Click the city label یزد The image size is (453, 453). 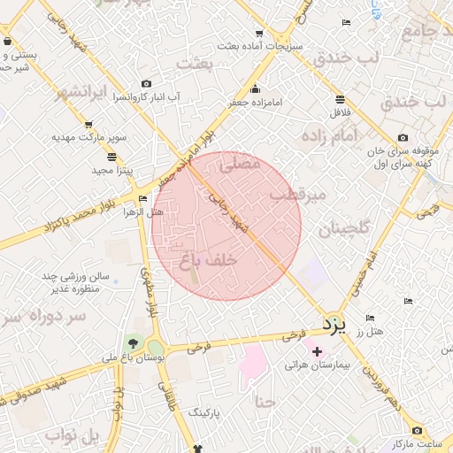332,324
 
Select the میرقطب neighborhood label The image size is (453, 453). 298,193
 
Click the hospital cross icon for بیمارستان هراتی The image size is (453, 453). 318,351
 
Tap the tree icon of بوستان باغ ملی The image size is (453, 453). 134,343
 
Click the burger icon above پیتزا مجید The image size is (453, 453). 111,156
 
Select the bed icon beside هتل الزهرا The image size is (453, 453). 143,198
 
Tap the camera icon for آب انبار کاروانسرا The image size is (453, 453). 147,83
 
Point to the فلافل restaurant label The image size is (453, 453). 341,113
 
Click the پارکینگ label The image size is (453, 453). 209,412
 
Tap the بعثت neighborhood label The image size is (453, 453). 196,64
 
